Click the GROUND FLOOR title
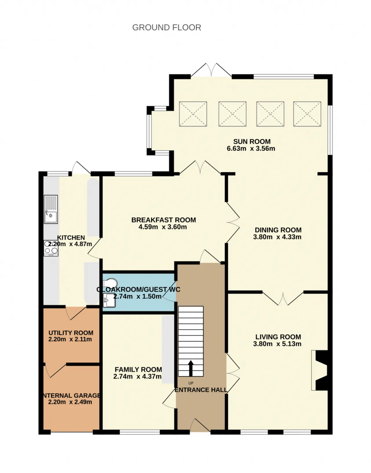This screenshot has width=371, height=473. [x=167, y=28]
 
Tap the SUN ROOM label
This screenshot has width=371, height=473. [x=252, y=141]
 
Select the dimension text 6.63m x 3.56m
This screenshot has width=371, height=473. [x=251, y=149]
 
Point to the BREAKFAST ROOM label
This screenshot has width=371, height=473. [x=163, y=220]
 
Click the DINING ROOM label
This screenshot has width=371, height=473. [x=278, y=230]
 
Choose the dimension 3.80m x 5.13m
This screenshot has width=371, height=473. [x=277, y=344]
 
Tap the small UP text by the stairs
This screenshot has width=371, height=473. [x=191, y=383]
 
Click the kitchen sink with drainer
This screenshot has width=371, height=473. [x=51, y=209]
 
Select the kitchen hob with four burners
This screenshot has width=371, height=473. [x=51, y=248]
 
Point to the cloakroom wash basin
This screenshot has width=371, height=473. [x=110, y=300]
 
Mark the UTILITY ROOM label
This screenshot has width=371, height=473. [x=71, y=333]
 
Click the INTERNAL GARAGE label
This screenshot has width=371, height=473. [x=72, y=395]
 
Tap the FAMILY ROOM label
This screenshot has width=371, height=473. [x=138, y=369]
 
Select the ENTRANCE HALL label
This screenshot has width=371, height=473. [x=201, y=390]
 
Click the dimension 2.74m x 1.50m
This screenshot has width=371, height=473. [x=137, y=296]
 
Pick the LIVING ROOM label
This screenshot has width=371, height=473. [x=278, y=337]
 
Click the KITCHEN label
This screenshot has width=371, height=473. [x=71, y=238]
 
